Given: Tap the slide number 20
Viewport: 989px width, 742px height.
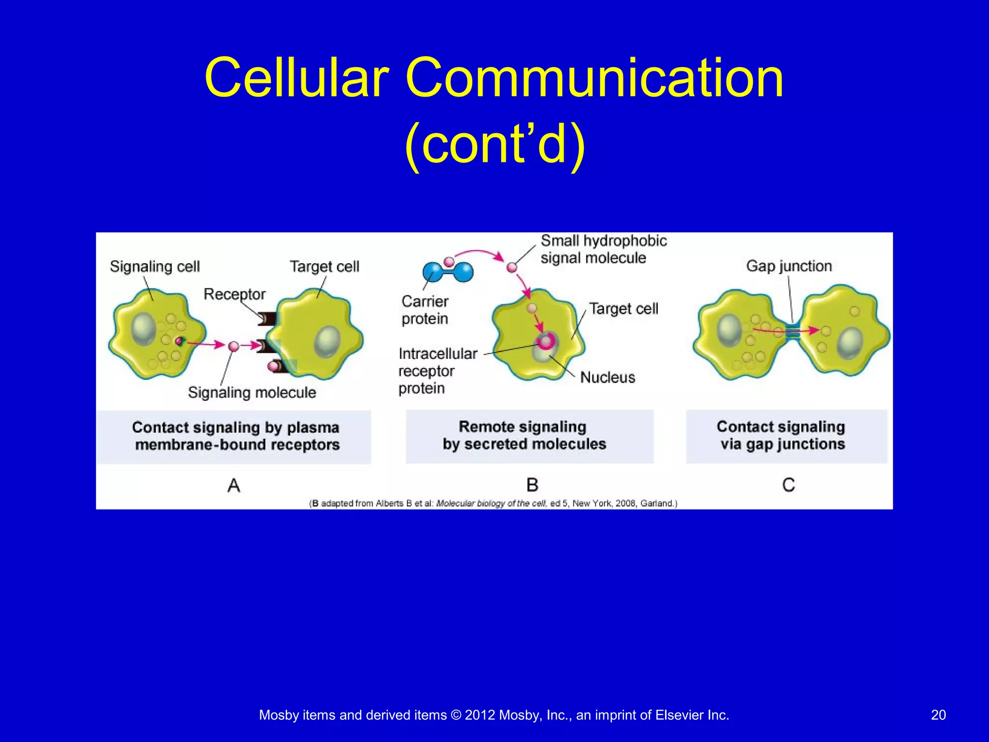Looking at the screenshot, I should click(x=938, y=715).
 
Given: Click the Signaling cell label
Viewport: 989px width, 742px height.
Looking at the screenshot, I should click(x=155, y=266).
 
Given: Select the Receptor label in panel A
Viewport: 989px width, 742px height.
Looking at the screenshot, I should click(x=234, y=294).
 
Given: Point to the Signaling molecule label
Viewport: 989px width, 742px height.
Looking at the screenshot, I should click(x=252, y=392).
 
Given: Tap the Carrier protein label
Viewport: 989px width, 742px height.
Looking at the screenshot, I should click(x=425, y=310).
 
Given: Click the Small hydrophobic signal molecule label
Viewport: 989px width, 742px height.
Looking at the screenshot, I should click(x=603, y=249).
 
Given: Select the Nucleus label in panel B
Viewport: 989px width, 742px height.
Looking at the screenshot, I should click(x=608, y=377).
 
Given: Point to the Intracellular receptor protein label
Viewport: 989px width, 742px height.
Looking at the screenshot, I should click(x=437, y=371).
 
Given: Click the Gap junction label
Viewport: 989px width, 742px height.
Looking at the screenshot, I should click(x=789, y=266).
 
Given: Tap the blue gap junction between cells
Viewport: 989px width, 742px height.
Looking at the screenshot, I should click(x=792, y=331).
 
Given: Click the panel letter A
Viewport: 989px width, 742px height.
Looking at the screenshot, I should click(x=234, y=485).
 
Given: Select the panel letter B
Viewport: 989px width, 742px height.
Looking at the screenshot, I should click(x=532, y=485).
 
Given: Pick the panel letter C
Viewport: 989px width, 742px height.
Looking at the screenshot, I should click(x=788, y=485).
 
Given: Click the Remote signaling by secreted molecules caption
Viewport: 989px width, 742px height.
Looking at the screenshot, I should click(x=524, y=435).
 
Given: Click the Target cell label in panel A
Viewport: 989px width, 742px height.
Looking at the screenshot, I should click(x=324, y=266).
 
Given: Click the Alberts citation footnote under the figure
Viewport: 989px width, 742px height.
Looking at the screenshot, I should click(x=493, y=503).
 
